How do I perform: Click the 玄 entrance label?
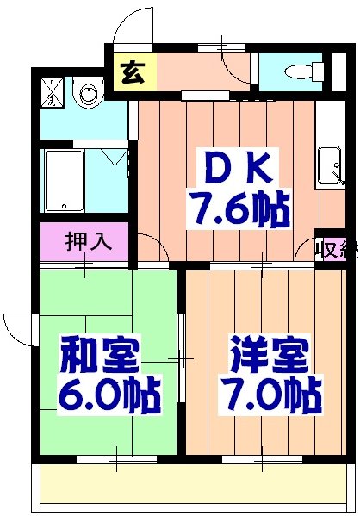(x=131, y=73)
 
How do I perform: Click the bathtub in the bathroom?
(x=64, y=181)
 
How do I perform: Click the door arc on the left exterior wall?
(x=17, y=328)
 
